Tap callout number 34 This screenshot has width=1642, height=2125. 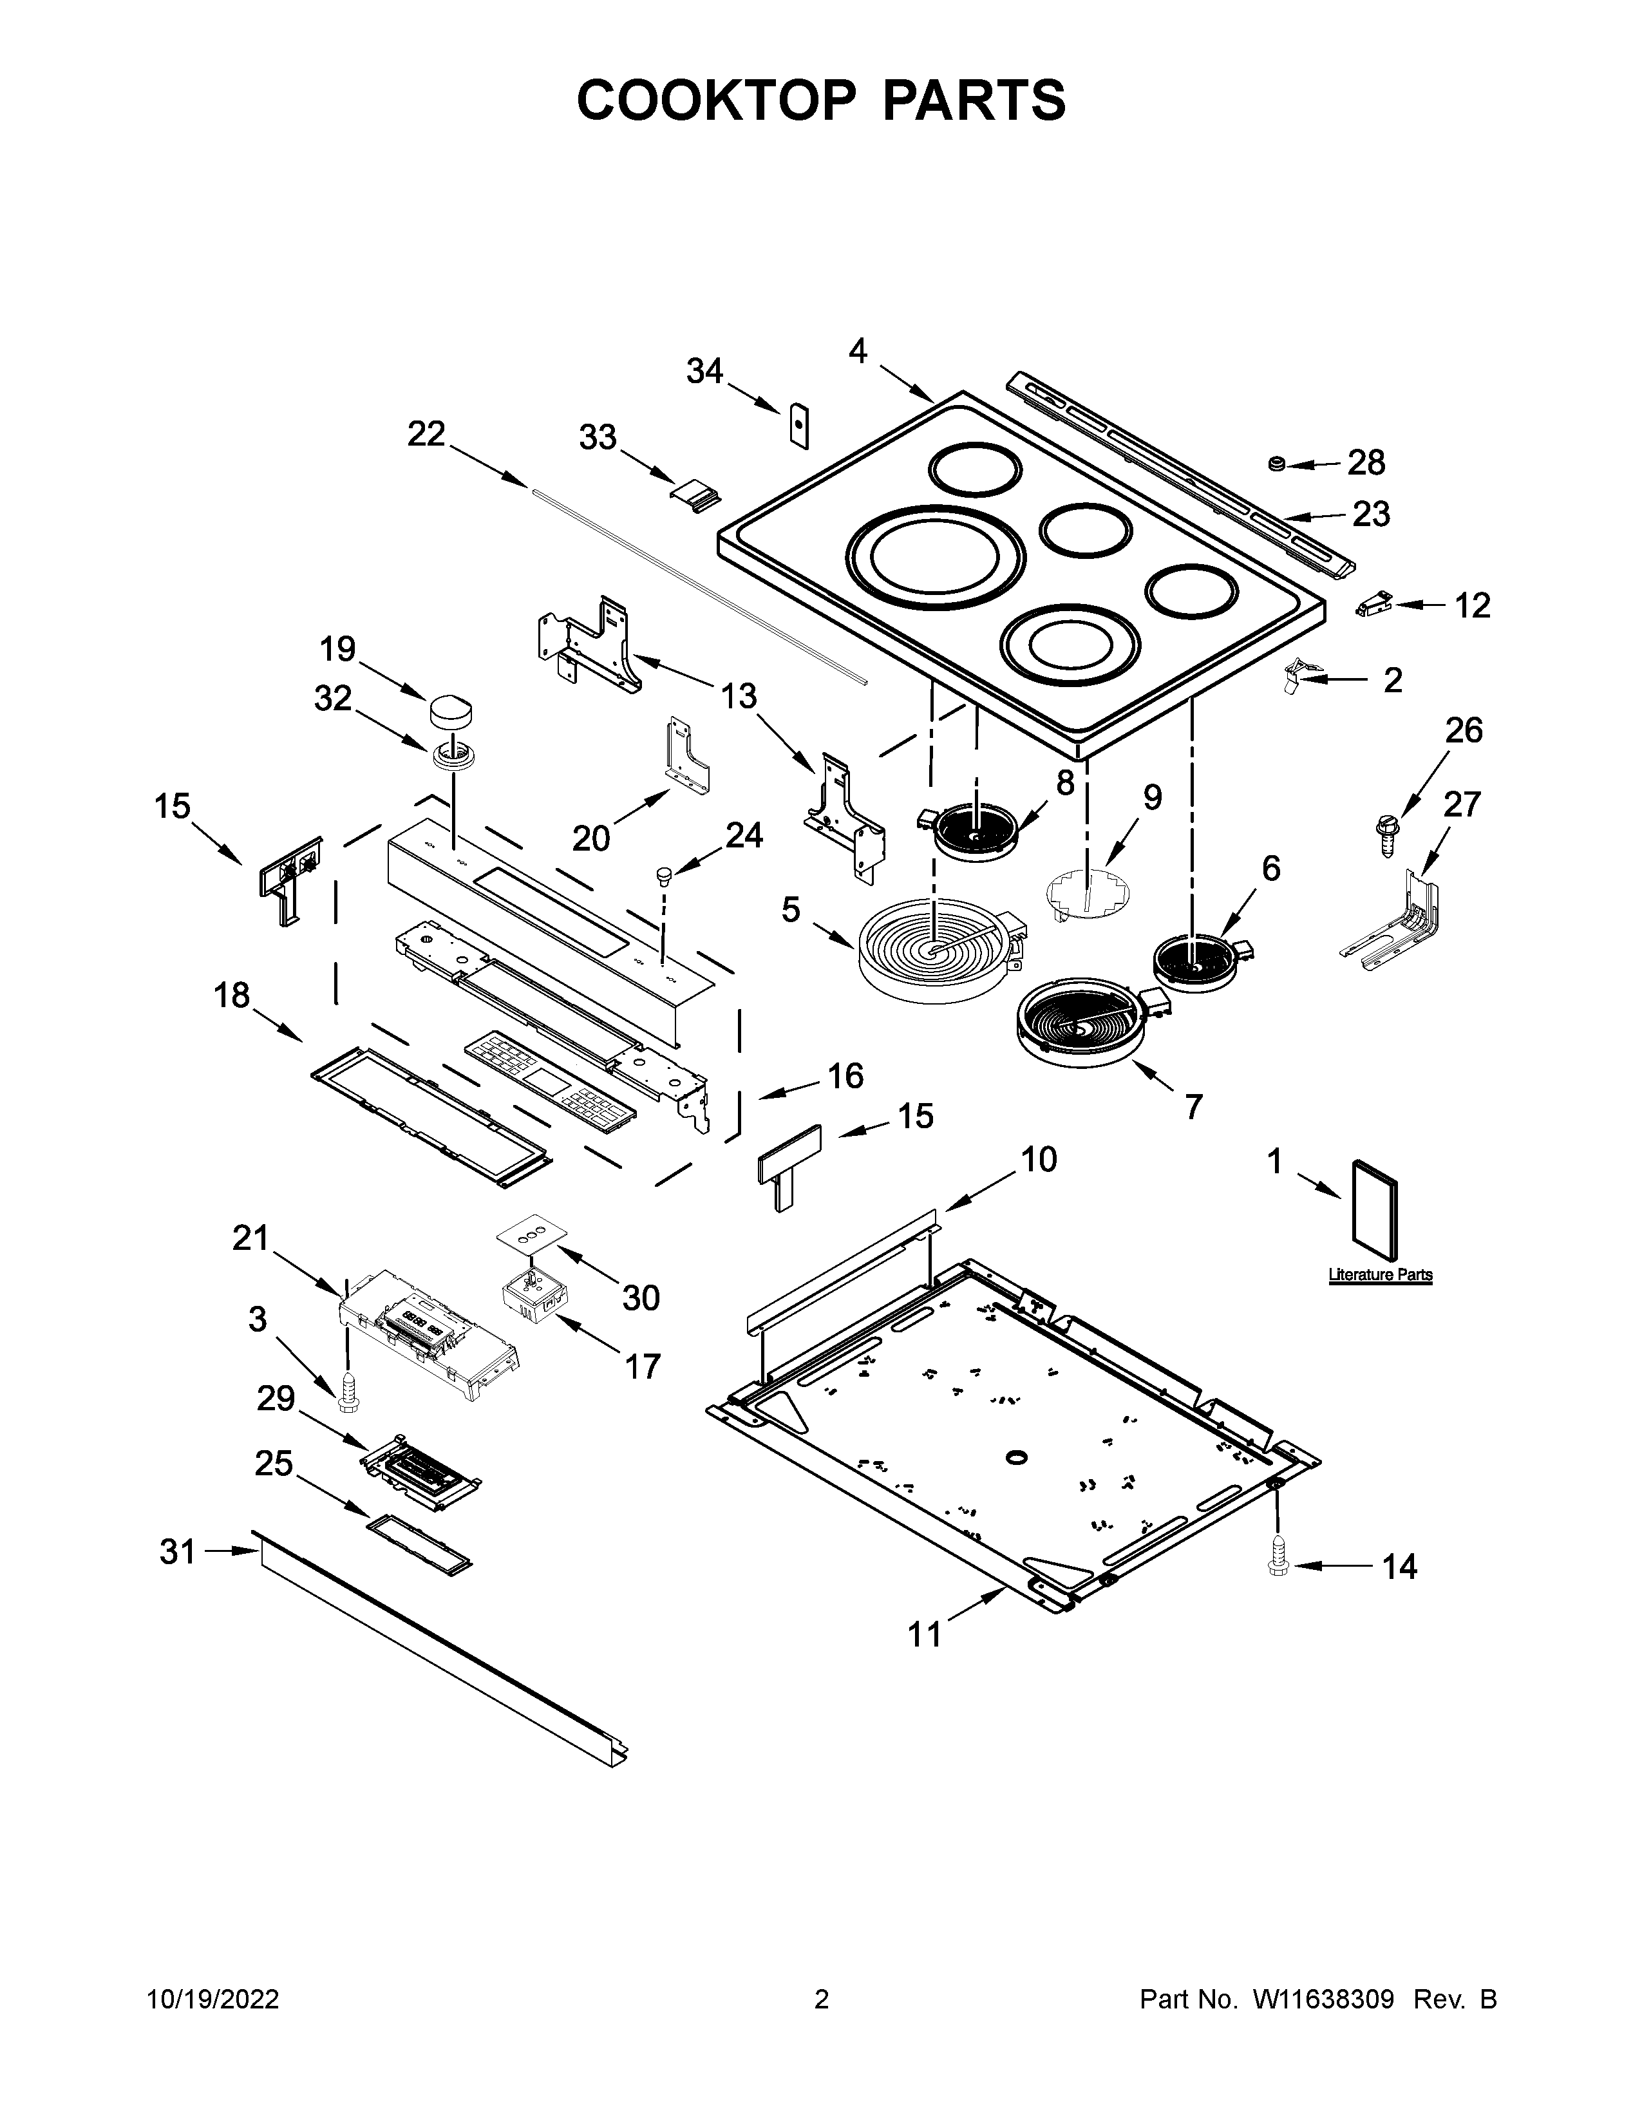coord(705,372)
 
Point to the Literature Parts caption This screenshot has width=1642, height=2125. coord(1381,1274)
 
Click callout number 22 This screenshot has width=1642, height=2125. coord(426,434)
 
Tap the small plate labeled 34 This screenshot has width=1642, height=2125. coord(798,425)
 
